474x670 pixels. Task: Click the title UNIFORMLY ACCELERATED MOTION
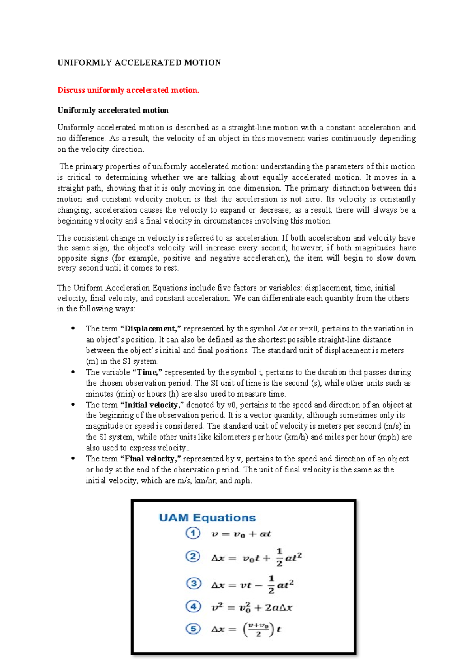[139, 62]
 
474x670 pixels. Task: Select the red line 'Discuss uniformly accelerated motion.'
[128, 90]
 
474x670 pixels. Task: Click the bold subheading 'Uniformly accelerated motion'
[113, 110]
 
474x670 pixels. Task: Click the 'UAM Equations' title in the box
[207, 518]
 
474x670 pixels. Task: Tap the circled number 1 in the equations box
[193, 534]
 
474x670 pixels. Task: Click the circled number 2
[193, 557]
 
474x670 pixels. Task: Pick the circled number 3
[193, 583]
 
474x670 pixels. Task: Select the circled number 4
[193, 606]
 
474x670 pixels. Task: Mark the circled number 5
[193, 629]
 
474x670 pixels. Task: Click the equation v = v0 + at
[241, 534]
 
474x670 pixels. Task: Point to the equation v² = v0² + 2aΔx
[252, 608]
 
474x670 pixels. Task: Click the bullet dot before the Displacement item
[73, 328]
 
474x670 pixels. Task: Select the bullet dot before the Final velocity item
[73, 459]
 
